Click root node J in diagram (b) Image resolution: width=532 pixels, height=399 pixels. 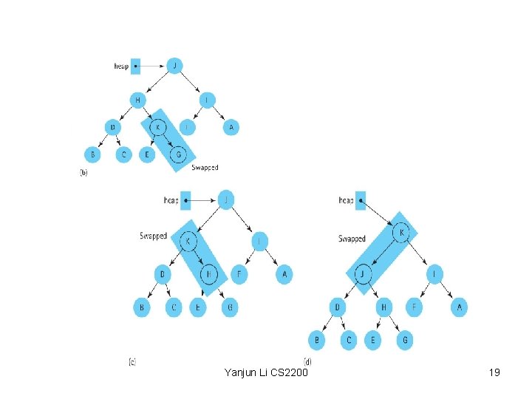click(x=174, y=65)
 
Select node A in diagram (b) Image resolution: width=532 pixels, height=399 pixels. click(x=231, y=127)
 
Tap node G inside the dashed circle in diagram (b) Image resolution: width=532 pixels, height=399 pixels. click(x=177, y=154)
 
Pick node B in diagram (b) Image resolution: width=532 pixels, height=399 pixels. click(x=92, y=154)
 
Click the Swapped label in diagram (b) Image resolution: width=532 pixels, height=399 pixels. click(x=205, y=168)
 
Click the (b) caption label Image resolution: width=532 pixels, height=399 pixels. click(x=84, y=171)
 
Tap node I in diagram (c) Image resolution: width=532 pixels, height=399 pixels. click(x=259, y=242)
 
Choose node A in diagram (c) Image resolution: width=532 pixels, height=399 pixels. click(x=284, y=274)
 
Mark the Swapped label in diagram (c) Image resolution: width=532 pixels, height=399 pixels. click(x=153, y=236)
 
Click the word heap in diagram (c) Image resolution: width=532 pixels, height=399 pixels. click(x=171, y=199)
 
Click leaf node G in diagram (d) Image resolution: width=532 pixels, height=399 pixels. click(x=403, y=340)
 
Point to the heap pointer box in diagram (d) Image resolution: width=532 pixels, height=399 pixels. click(x=361, y=199)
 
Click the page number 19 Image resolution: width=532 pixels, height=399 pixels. click(x=494, y=372)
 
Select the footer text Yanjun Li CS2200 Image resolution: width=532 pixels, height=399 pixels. click(x=266, y=372)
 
